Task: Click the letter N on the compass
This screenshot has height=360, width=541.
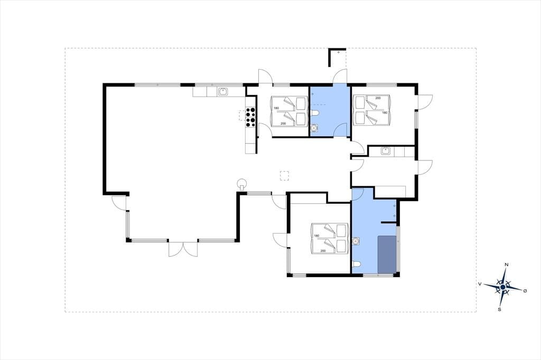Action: (x=507, y=264)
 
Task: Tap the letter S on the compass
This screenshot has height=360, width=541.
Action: (x=499, y=309)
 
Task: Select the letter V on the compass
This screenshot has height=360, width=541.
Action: (x=480, y=283)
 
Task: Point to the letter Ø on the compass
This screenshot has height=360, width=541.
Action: (x=525, y=291)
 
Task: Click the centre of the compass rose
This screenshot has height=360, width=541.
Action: (x=503, y=287)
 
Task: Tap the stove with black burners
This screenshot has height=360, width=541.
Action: (x=250, y=117)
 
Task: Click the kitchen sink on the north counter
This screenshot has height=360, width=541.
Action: (x=223, y=92)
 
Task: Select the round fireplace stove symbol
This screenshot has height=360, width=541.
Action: (x=242, y=183)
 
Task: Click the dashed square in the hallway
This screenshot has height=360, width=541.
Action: (x=284, y=176)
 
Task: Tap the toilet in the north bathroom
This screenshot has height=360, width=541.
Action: (x=314, y=113)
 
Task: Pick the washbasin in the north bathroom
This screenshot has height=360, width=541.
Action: (x=314, y=128)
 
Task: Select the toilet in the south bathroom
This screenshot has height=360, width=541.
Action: (x=357, y=264)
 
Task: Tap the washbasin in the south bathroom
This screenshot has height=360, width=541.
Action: (x=356, y=241)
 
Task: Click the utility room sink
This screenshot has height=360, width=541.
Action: (x=386, y=150)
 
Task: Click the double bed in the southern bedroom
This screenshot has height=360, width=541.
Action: (x=329, y=239)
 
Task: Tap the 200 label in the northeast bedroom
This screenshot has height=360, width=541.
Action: (x=378, y=98)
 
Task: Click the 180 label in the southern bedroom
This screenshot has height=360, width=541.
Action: (x=316, y=236)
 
